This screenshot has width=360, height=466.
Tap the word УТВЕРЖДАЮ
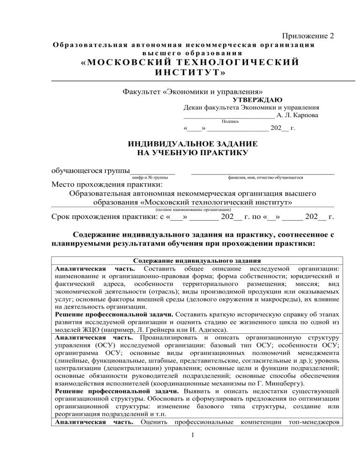(x=257, y=99)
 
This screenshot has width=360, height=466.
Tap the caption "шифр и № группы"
(x=150, y=178)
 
